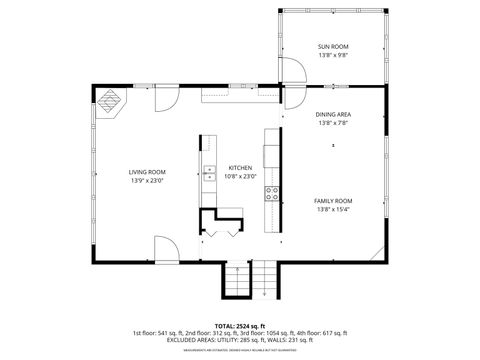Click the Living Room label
(x=147, y=171)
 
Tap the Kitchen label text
(x=240, y=167)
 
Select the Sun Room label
(x=333, y=47)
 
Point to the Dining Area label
(x=333, y=115)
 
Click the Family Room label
(x=333, y=201)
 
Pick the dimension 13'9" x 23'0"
(x=147, y=181)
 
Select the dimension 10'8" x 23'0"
(x=241, y=176)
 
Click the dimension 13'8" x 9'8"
(x=333, y=56)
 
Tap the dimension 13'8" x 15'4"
(x=333, y=210)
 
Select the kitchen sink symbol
(x=209, y=176)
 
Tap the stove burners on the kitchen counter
(x=270, y=193)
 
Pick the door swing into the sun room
(x=291, y=72)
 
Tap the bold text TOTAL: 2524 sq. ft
(x=240, y=326)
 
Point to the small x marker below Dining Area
(x=333, y=145)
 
